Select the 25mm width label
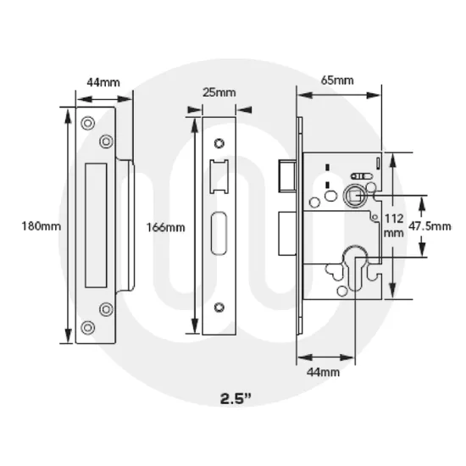pos(220,92)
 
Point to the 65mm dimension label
pos(337,80)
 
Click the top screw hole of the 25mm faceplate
pos(219,141)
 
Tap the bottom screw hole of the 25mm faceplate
pos(219,307)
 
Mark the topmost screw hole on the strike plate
pos(88,121)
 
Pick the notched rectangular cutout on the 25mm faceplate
pos(219,172)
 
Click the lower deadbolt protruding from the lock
pos(286,230)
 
